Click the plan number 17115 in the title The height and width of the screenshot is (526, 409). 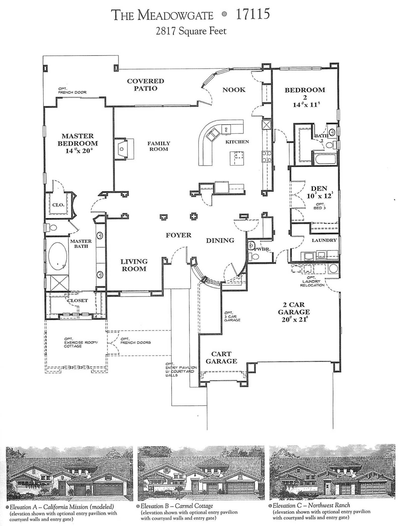[x=252, y=14]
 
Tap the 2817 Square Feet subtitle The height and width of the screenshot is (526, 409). [x=191, y=31]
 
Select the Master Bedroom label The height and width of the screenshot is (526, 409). [x=78, y=140]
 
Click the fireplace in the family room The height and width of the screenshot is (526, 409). [x=122, y=149]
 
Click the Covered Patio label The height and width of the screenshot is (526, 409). [x=145, y=85]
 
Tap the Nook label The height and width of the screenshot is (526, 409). [x=234, y=90]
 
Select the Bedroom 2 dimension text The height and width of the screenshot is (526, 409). [x=306, y=105]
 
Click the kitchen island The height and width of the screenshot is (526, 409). [x=237, y=158]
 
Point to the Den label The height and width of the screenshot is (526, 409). [x=319, y=189]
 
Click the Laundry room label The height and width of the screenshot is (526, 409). [x=324, y=240]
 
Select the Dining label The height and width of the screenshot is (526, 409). [x=220, y=241]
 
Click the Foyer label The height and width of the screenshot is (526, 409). [x=179, y=235]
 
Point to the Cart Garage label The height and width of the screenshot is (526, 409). [x=221, y=358]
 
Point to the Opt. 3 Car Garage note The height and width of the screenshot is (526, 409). [x=232, y=317]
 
